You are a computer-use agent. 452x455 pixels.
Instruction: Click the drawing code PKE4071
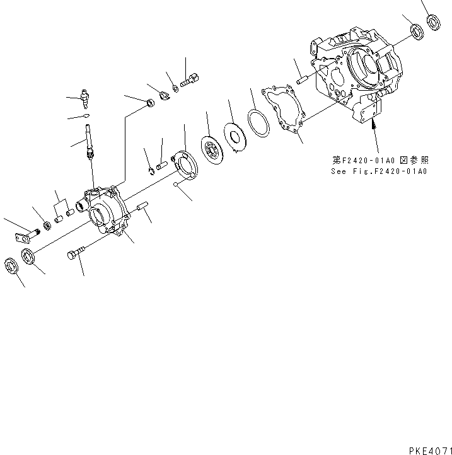426,449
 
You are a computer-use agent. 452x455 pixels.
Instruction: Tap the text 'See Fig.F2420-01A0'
378,171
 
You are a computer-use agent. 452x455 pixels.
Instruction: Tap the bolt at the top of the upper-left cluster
190,81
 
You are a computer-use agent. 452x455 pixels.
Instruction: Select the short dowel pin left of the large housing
301,81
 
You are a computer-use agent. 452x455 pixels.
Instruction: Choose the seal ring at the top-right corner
433,23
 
